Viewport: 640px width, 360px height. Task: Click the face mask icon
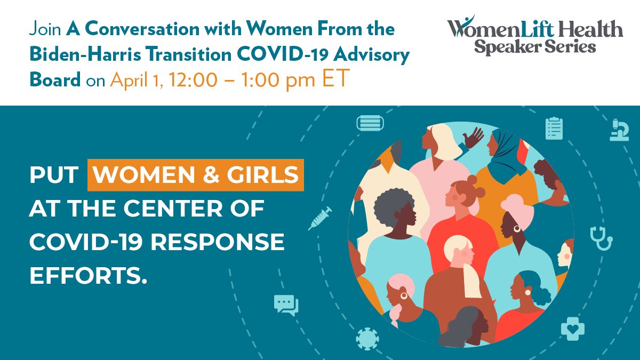(370, 123)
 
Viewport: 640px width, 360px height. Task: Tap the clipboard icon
(554, 129)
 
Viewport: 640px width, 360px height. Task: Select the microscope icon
(619, 130)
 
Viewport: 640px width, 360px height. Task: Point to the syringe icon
(319, 218)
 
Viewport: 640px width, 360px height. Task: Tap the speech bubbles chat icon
(286, 305)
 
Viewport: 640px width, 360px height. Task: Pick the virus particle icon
(367, 339)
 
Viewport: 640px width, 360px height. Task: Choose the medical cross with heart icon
(573, 329)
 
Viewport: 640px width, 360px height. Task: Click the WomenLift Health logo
(535, 34)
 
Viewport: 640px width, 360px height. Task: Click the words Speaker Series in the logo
(535, 46)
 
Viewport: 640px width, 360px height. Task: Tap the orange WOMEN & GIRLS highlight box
(196, 175)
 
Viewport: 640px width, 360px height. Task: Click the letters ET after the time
(335, 78)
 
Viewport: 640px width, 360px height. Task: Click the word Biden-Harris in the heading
(85, 54)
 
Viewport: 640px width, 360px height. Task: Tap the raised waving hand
(473, 138)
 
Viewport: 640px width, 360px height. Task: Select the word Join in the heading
(45, 29)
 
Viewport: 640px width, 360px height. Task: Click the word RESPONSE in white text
(218, 242)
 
